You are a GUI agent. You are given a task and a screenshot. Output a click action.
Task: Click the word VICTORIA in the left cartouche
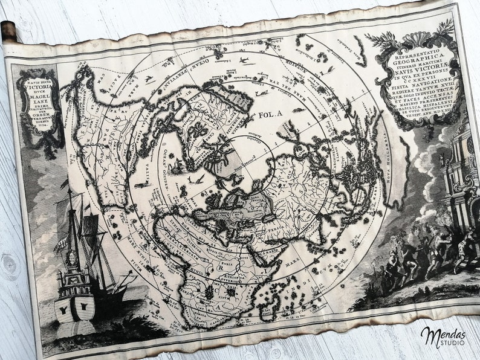pyautogui.click(x=38, y=86)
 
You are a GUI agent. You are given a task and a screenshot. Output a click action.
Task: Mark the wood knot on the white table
pyautogui.click(x=11, y=266)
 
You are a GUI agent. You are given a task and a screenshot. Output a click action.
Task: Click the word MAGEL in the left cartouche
pyautogui.click(x=39, y=98)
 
